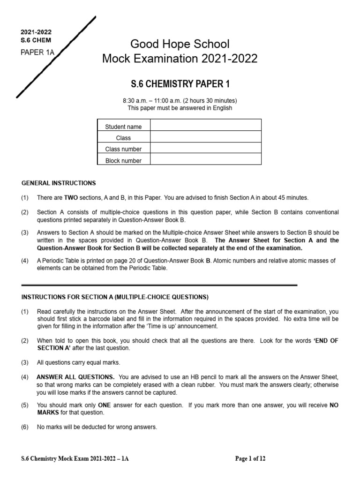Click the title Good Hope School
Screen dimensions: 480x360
coord(180,45)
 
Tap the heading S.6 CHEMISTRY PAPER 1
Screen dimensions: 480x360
coord(180,84)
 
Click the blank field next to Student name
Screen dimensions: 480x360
coord(206,126)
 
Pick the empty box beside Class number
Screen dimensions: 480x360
coord(206,149)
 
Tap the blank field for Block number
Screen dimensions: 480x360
coord(206,160)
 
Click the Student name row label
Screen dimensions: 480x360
coord(123,127)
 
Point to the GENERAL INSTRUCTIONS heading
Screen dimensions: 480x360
coord(59,183)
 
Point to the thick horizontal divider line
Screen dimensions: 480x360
coord(159,285)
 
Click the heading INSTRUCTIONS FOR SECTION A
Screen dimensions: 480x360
coord(115,297)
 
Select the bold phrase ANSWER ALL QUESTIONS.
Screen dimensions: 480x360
coord(75,377)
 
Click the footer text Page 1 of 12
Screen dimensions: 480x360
coord(250,459)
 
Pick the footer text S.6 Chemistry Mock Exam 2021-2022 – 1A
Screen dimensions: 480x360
coord(75,459)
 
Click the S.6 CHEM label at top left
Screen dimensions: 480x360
coord(36,40)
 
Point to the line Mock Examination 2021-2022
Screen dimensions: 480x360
coord(180,59)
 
